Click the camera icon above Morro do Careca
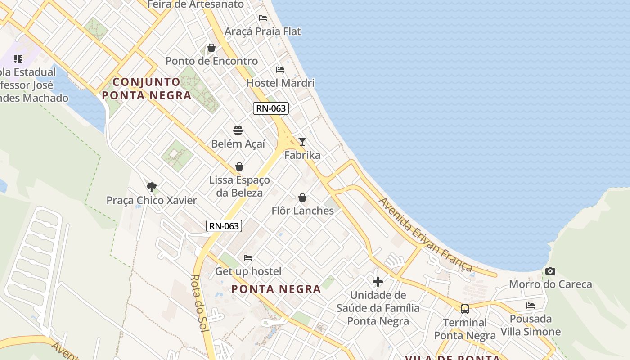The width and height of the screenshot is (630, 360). [550, 271]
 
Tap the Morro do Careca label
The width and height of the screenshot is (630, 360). [550, 284]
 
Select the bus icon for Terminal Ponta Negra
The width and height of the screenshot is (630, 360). [465, 309]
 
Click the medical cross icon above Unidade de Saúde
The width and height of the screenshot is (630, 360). [378, 282]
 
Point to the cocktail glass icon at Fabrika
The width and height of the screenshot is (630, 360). [302, 142]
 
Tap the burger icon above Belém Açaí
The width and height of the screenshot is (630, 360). [238, 130]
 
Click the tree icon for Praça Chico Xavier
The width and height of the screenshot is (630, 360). [152, 187]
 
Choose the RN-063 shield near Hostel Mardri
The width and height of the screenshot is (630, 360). [270, 108]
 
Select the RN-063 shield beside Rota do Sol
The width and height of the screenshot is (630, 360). [224, 226]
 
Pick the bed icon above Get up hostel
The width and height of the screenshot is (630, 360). [248, 258]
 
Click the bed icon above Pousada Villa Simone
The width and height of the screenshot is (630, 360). [531, 306]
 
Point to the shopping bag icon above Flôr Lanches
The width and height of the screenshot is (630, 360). [302, 198]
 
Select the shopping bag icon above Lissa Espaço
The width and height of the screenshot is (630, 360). [239, 167]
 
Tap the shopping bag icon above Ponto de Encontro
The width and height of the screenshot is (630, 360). [211, 48]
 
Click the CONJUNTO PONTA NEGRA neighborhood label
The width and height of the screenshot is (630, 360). [147, 89]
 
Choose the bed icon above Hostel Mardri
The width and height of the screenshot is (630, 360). [280, 70]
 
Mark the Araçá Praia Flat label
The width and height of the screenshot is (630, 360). [263, 31]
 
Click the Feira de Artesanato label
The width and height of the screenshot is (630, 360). [196, 4]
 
